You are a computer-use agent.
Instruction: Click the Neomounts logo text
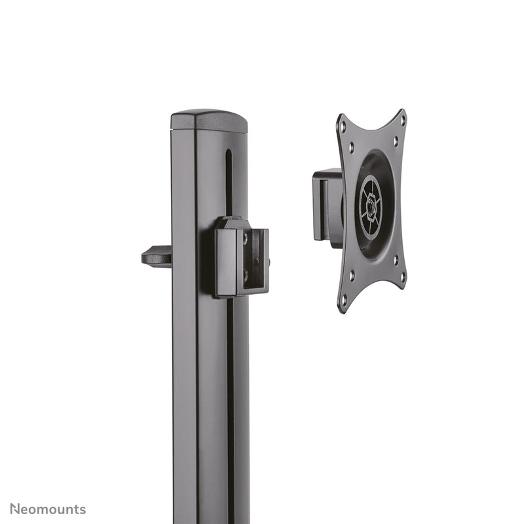click(47, 509)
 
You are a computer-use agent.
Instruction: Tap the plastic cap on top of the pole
click(209, 121)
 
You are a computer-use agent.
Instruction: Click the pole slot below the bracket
click(230, 393)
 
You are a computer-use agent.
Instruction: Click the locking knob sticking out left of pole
click(157, 255)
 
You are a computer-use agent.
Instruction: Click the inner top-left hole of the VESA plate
click(351, 149)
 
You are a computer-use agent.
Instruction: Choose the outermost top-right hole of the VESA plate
click(402, 122)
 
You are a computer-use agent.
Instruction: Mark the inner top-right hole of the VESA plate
click(395, 141)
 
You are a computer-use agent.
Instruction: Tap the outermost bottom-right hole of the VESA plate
click(402, 278)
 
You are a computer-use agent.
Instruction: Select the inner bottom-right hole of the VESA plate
click(395, 260)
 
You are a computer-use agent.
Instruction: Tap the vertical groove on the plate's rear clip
click(322, 208)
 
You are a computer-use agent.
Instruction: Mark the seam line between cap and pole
click(210, 131)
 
